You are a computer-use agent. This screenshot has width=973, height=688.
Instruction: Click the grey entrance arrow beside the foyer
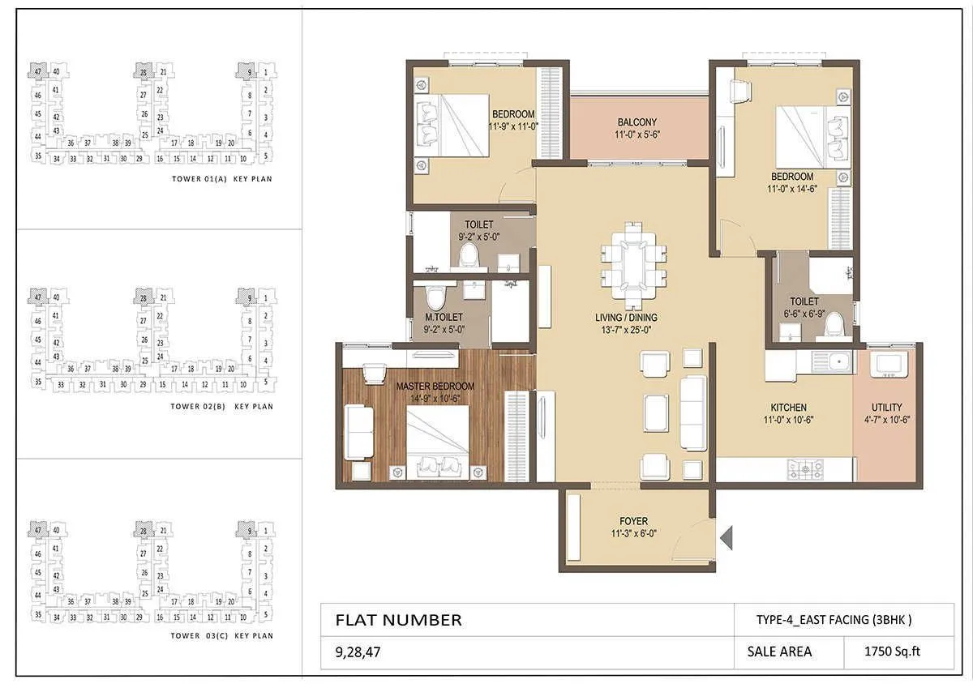point(727,536)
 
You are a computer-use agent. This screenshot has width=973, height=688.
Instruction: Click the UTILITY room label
point(886,408)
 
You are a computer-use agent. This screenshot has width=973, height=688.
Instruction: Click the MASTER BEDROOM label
point(435,387)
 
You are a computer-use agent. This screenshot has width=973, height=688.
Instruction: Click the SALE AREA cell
point(774,651)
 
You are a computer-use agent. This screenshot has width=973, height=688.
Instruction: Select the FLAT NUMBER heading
point(398,620)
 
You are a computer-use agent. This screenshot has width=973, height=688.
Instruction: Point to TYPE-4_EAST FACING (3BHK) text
point(834,620)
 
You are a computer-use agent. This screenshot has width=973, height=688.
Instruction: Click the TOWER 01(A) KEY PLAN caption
point(221,180)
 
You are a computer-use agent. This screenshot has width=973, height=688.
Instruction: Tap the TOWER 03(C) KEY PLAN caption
point(221,636)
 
